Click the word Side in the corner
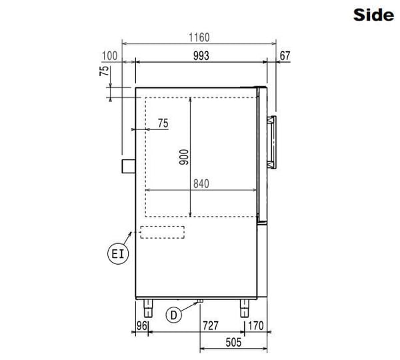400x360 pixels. click(373, 15)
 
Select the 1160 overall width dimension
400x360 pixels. click(199, 37)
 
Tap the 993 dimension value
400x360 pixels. click(201, 56)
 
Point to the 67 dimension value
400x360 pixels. click(285, 56)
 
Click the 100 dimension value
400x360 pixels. click(110, 56)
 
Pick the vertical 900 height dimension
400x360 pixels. click(184, 157)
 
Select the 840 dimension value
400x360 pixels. click(201, 184)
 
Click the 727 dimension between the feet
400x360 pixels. click(211, 325)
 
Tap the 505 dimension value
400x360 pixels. click(233, 343)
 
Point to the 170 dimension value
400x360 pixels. click(255, 325)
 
